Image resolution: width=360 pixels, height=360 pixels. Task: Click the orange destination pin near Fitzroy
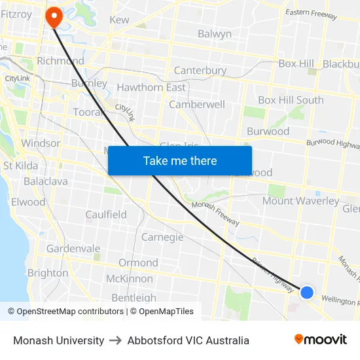click(x=52, y=16)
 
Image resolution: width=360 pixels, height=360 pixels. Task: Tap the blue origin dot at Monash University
click(x=306, y=292)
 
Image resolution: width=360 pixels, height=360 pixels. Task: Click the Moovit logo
click(x=320, y=339)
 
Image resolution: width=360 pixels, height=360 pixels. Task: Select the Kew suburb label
click(x=119, y=20)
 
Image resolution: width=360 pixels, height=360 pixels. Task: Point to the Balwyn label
click(x=214, y=34)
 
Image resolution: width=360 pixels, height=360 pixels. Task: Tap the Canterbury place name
click(x=200, y=71)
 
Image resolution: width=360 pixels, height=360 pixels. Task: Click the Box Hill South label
click(x=291, y=100)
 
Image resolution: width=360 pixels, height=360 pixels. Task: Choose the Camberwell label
click(x=196, y=105)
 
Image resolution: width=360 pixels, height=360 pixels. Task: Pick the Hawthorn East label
click(x=151, y=88)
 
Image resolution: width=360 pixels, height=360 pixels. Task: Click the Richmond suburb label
click(x=60, y=61)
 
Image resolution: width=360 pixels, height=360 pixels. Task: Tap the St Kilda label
click(x=20, y=166)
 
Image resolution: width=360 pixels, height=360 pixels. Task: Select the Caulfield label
click(x=106, y=215)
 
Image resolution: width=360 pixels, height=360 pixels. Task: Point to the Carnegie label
click(x=162, y=237)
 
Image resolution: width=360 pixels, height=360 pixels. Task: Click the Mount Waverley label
click(x=300, y=201)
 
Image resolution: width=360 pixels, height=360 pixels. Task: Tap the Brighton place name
click(x=47, y=273)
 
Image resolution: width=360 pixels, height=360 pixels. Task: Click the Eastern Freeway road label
click(x=312, y=14)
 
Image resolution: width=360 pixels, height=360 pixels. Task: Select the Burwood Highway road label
click(x=334, y=143)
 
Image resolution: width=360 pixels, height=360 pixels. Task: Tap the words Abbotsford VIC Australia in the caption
click(x=188, y=340)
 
